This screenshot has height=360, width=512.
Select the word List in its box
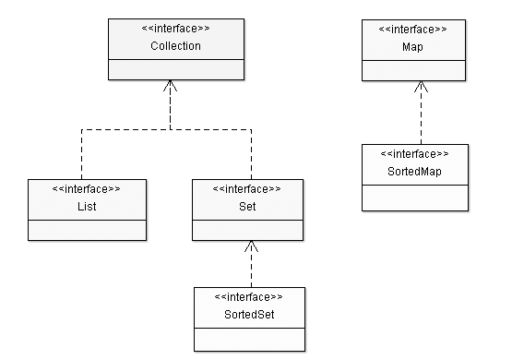click(x=87, y=207)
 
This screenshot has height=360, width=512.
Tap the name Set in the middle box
click(x=247, y=207)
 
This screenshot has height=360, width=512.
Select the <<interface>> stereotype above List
click(x=87, y=189)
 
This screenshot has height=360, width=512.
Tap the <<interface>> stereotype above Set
click(x=247, y=189)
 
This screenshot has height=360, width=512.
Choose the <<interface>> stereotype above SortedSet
click(x=247, y=297)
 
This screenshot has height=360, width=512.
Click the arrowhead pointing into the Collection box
click(x=170, y=86)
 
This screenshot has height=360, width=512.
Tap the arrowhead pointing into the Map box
click(x=420, y=86)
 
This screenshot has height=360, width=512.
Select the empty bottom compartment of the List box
click(x=87, y=230)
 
